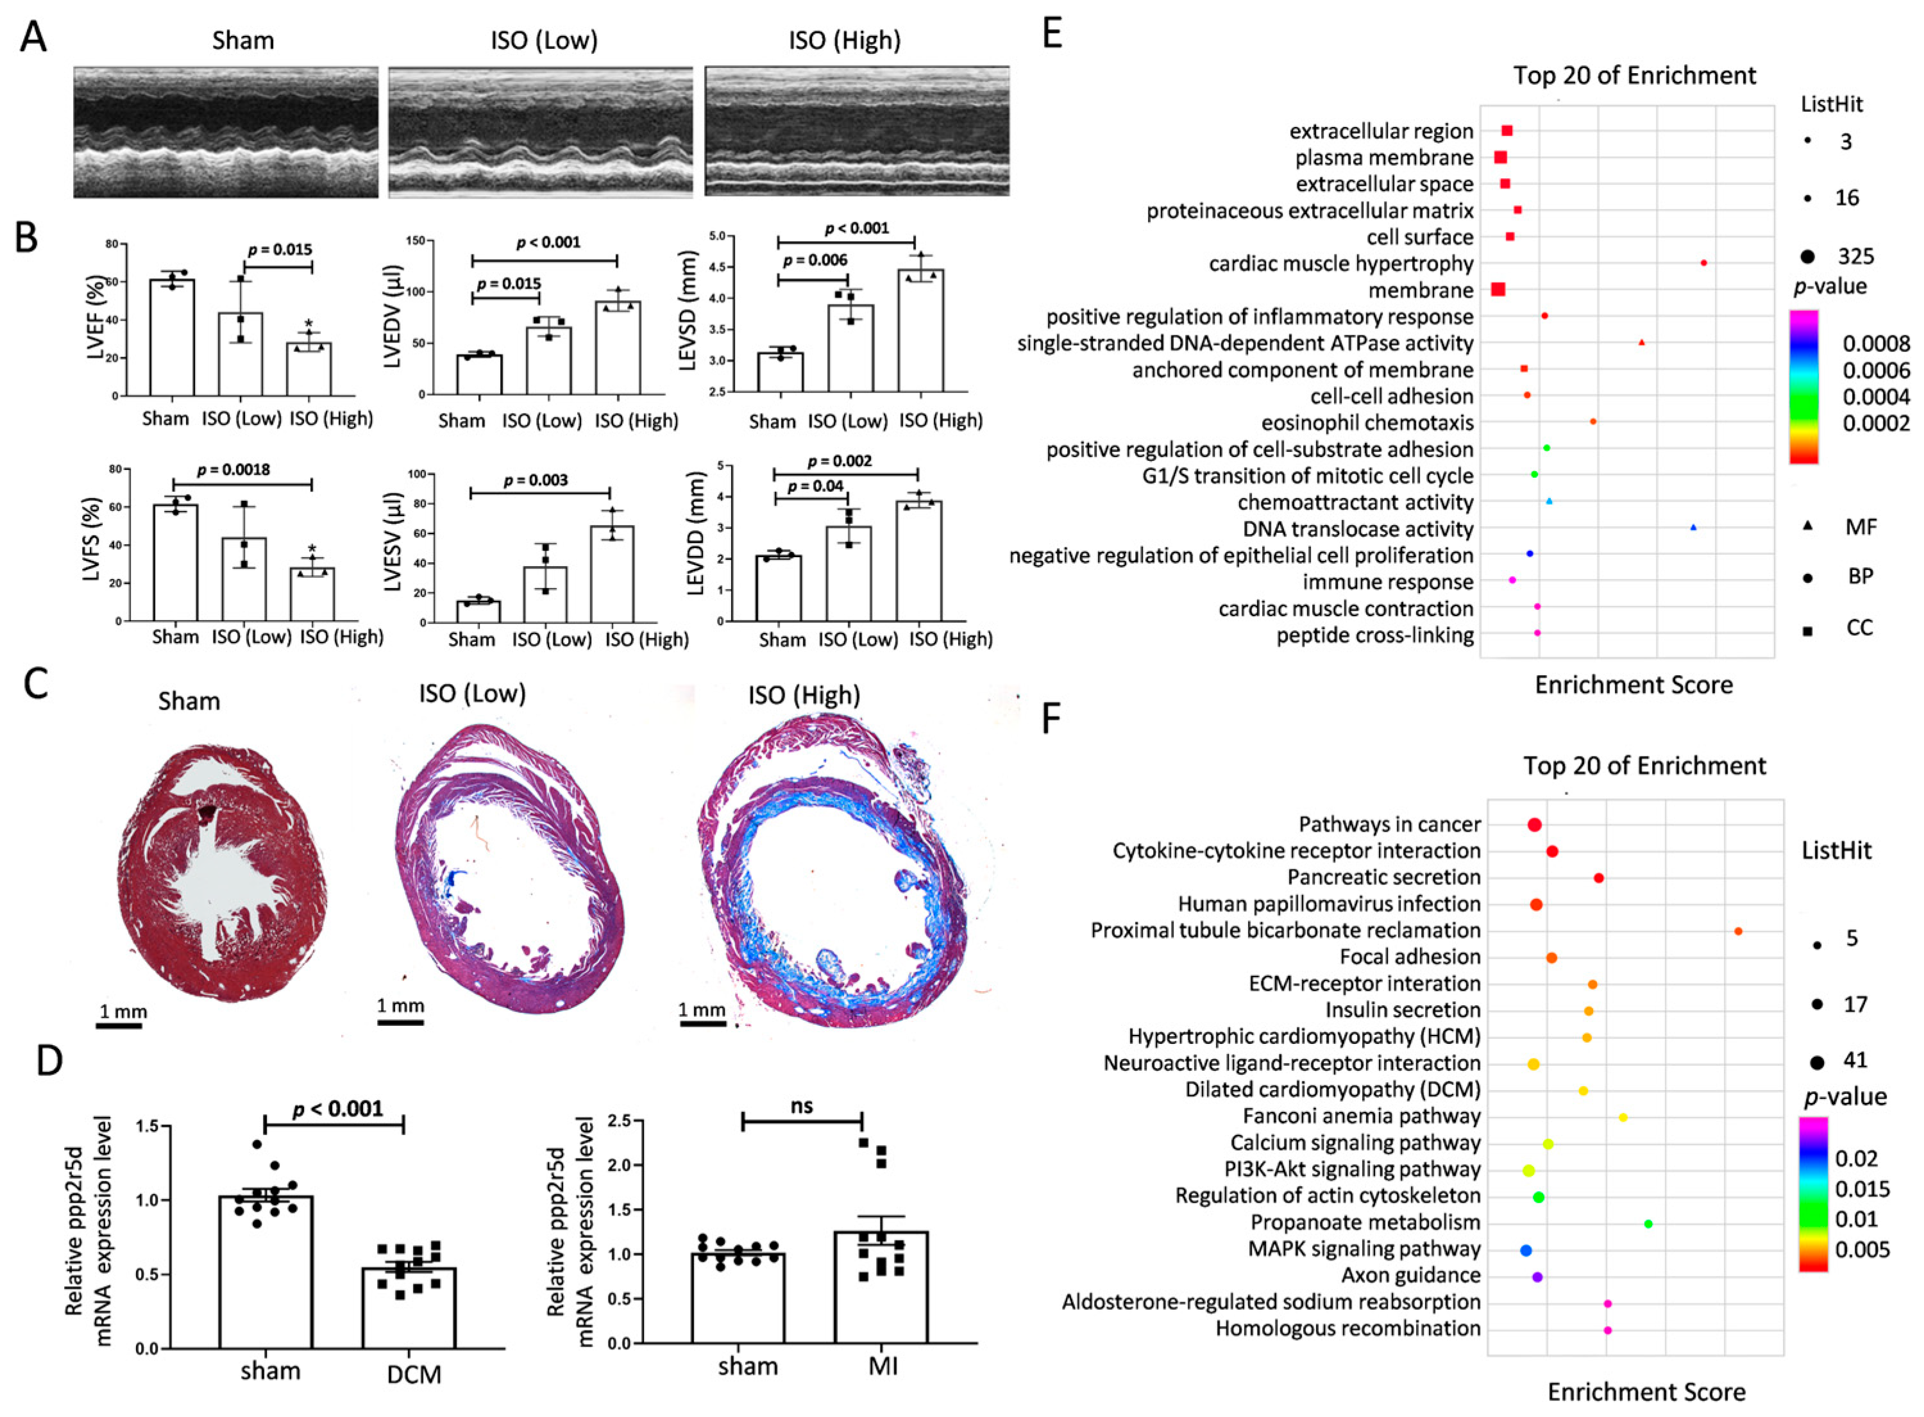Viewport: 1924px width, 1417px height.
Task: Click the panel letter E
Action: [1052, 35]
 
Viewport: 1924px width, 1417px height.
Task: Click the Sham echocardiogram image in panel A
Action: [226, 132]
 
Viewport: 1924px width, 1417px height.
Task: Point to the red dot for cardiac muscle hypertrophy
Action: [1703, 262]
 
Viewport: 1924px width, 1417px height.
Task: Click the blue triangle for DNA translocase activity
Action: [1693, 528]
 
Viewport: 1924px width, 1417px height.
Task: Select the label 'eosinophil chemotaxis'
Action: [1367, 423]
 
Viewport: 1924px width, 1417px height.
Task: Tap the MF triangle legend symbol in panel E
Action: [1807, 526]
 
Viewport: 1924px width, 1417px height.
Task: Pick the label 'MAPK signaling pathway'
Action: [1364, 1249]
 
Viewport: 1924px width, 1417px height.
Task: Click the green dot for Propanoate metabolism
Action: [1648, 1224]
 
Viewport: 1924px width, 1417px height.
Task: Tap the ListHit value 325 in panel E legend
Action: [1855, 256]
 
